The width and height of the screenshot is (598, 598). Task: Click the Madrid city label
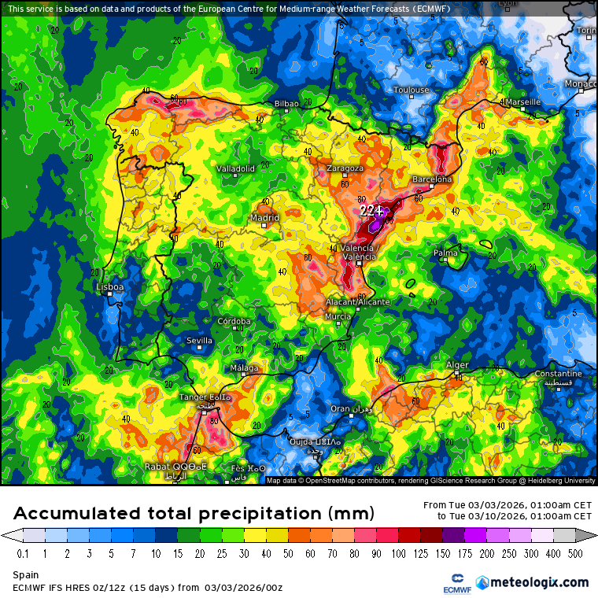coord(264,218)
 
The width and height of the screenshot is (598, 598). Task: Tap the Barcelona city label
coord(432,179)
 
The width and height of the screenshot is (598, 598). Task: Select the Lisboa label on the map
coord(109,287)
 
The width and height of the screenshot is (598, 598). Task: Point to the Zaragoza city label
coord(345,168)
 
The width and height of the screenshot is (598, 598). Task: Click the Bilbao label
coord(286,104)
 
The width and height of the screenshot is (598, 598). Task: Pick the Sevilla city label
coord(199,341)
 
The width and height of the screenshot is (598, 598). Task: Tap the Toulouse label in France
coord(412,90)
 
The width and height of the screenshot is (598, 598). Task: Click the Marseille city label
coord(522,102)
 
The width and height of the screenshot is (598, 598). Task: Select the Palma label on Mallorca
coord(445,253)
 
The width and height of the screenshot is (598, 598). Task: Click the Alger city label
coord(457,365)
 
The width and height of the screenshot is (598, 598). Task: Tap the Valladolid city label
coord(235,168)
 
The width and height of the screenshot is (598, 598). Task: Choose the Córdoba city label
coord(234,321)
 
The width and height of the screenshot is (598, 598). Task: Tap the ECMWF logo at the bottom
coord(451,582)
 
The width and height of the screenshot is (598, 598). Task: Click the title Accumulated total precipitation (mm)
coord(193,514)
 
